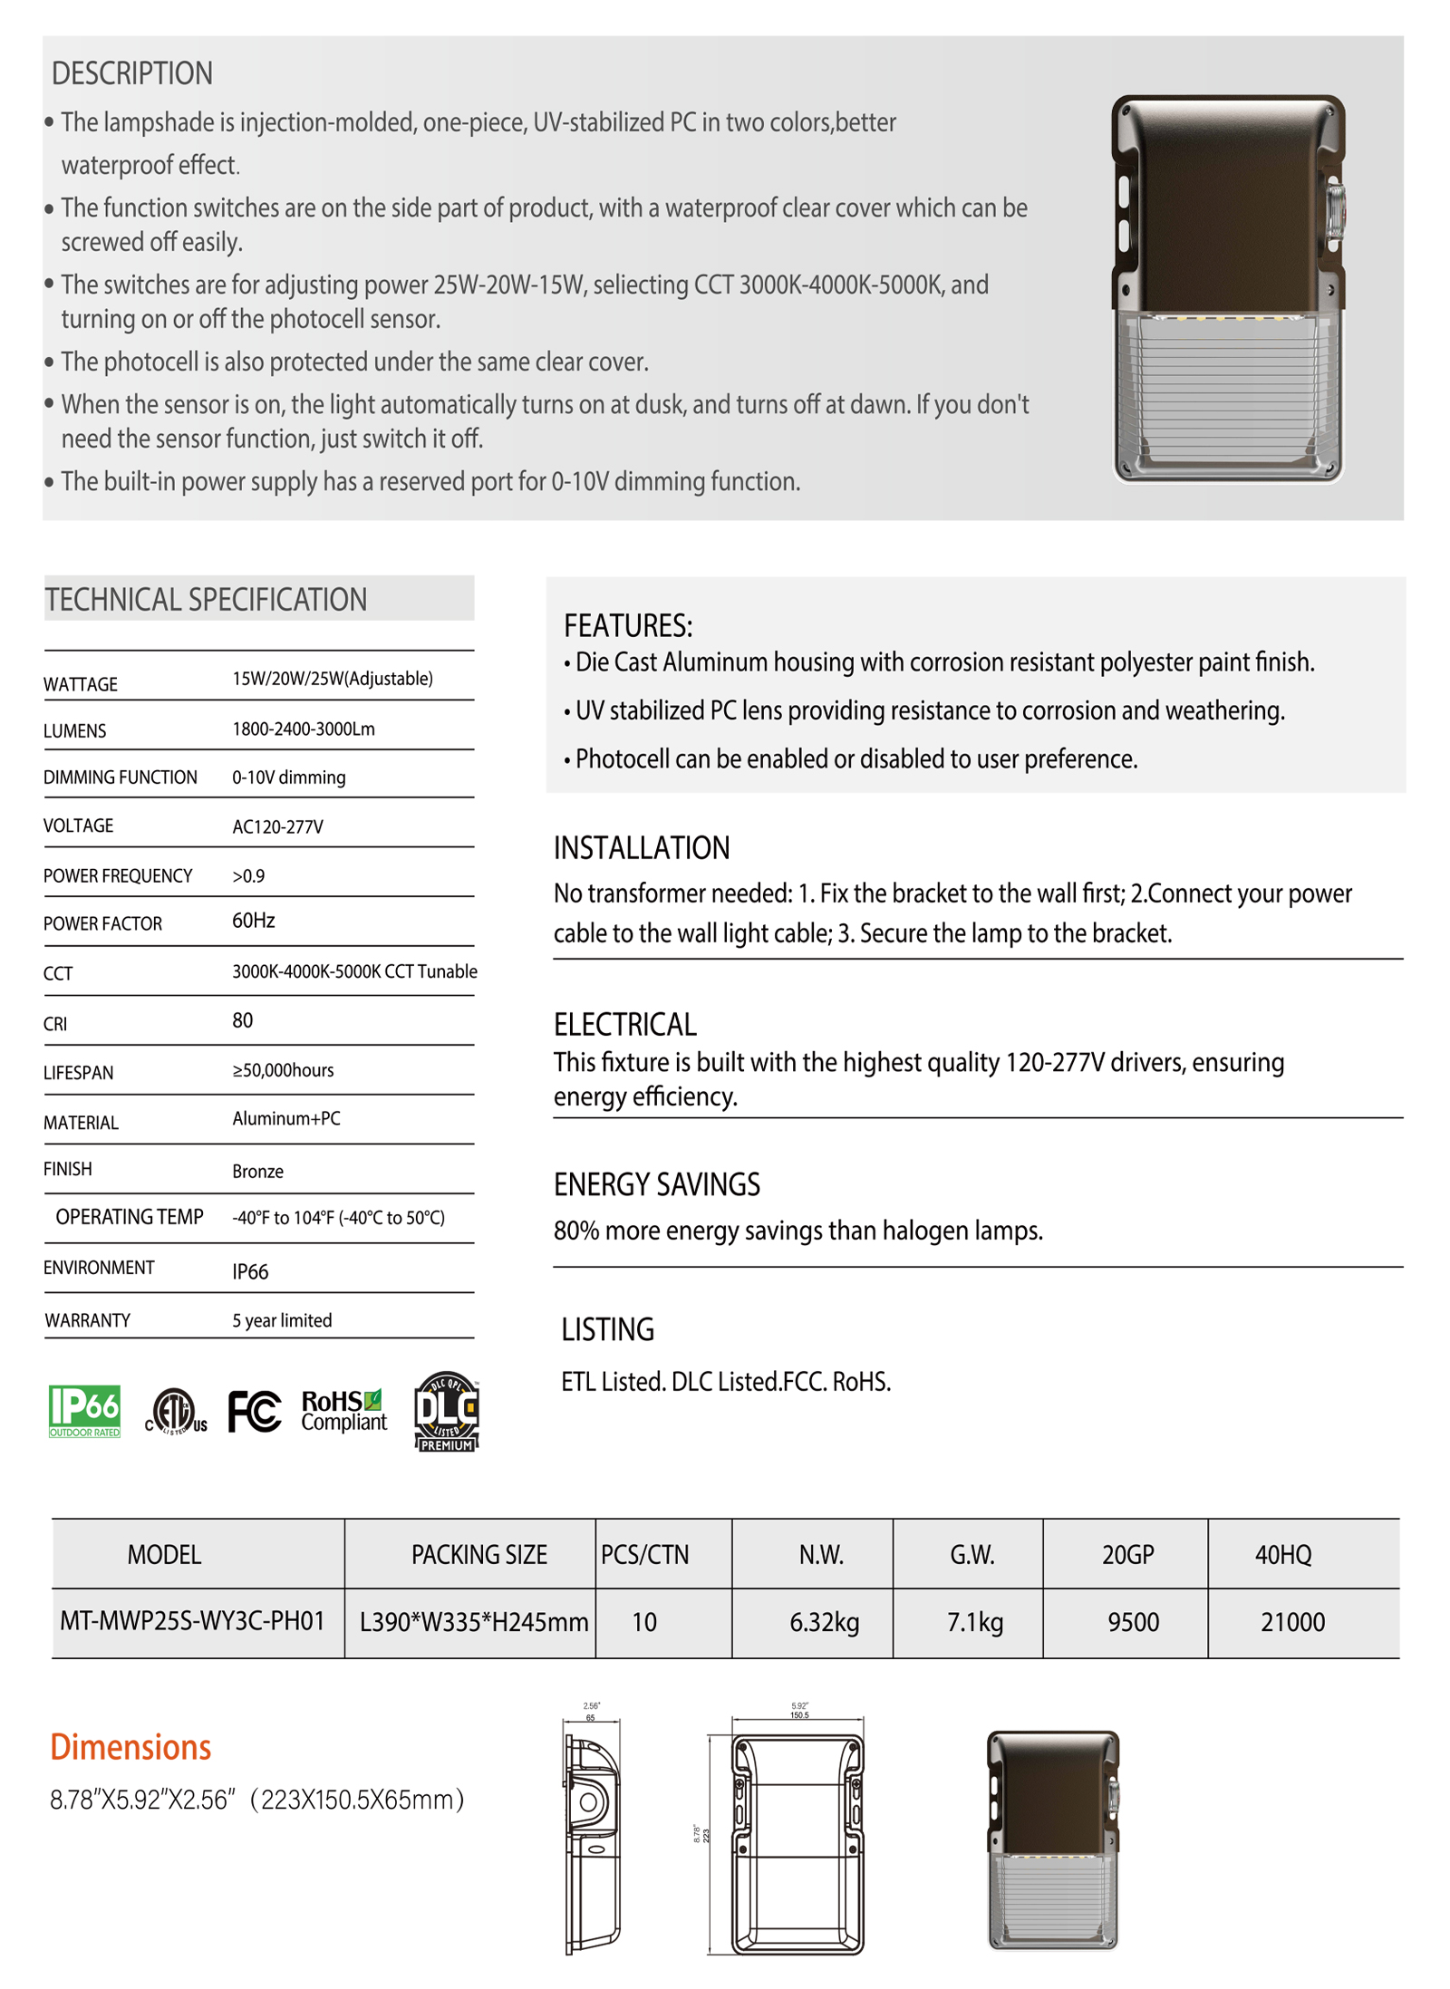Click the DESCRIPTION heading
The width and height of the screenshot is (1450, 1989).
click(x=131, y=73)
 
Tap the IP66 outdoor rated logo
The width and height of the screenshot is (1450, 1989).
click(x=84, y=1410)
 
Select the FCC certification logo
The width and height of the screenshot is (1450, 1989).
click(x=254, y=1411)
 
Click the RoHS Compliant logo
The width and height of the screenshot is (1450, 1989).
click(x=343, y=1410)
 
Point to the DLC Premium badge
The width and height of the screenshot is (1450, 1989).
click(x=446, y=1410)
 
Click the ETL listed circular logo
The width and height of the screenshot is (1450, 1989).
click(x=176, y=1411)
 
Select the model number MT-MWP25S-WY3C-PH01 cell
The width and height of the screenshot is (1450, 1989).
click(x=192, y=1620)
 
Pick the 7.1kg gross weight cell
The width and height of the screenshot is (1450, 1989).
click(x=974, y=1621)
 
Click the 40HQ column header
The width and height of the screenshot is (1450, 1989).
click(x=1282, y=1555)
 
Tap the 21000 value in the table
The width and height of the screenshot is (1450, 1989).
click(x=1292, y=1621)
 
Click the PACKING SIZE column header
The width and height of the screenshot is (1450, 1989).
click(x=478, y=1555)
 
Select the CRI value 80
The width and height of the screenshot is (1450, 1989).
click(x=242, y=1020)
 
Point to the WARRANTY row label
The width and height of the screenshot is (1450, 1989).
click(x=87, y=1320)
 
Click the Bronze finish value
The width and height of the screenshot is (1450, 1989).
click(x=257, y=1171)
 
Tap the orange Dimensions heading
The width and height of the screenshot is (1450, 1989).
click(x=130, y=1746)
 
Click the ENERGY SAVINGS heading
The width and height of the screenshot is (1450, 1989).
click(x=656, y=1184)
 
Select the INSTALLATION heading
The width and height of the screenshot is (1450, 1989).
click(x=641, y=848)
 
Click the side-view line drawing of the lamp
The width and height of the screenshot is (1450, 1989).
click(x=593, y=1839)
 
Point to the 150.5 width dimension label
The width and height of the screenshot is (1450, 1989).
click(x=798, y=1714)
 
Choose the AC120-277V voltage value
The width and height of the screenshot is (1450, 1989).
click(x=277, y=826)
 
